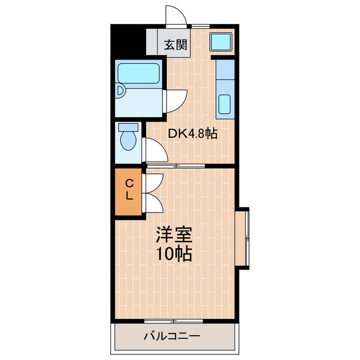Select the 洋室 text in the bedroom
174,234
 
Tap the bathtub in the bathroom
139,74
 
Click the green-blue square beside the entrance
221,42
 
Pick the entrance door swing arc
175,14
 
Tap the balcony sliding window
174,321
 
